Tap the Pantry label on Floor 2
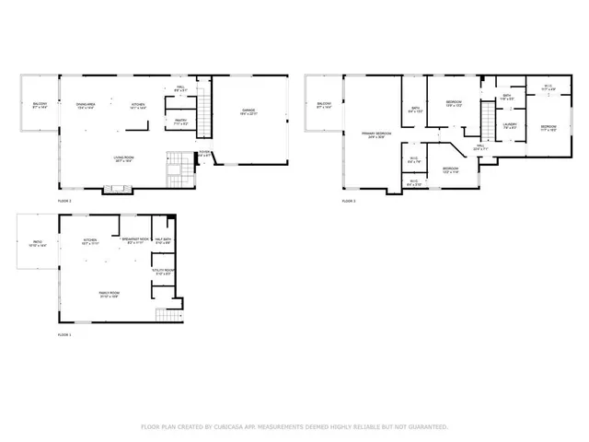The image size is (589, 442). pos(181,121)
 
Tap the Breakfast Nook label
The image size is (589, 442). pos(135,240)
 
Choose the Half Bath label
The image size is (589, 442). pos(162,240)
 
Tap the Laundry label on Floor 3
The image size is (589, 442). pos(509,126)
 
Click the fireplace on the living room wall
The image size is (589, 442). pos(117,190)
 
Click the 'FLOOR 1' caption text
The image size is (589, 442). pos(64,334)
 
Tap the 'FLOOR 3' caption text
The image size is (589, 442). pos(348,201)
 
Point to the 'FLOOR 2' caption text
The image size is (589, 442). pos(64,201)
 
